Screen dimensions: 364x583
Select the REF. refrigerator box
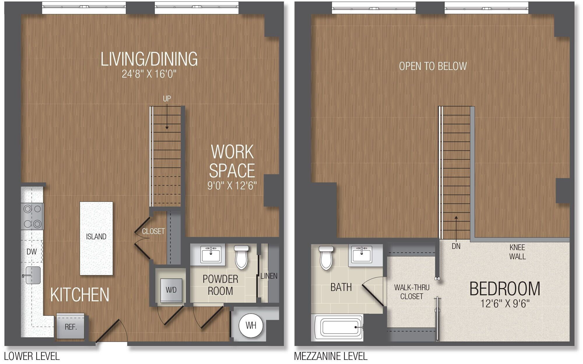point(70,327)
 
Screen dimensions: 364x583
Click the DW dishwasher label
point(31,251)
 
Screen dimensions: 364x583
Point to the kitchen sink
point(32,275)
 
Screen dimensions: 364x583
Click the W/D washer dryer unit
point(171,290)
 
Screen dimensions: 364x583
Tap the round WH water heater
point(251,325)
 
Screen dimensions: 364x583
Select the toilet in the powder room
point(241,257)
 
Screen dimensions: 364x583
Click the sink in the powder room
point(211,255)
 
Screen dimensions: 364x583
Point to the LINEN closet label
point(269,276)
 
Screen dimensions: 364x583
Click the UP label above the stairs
point(167,99)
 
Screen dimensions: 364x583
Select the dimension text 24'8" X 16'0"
point(149,74)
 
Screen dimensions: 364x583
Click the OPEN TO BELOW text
point(433,66)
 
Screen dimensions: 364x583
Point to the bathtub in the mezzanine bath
point(338,328)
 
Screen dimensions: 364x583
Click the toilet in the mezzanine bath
point(326,258)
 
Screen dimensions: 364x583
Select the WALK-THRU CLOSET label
point(412,292)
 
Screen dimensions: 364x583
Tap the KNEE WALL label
point(517,252)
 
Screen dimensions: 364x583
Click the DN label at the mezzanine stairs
point(456,246)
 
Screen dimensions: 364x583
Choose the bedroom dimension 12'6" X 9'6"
point(505,304)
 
